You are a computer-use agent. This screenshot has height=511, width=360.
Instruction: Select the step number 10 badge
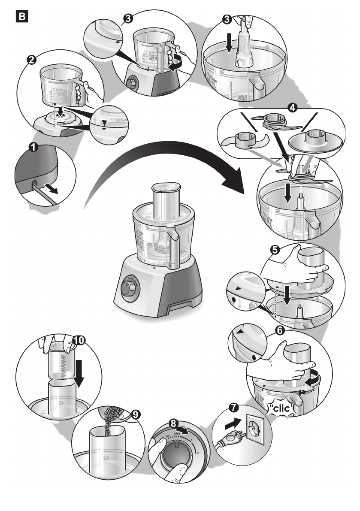click(79, 341)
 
